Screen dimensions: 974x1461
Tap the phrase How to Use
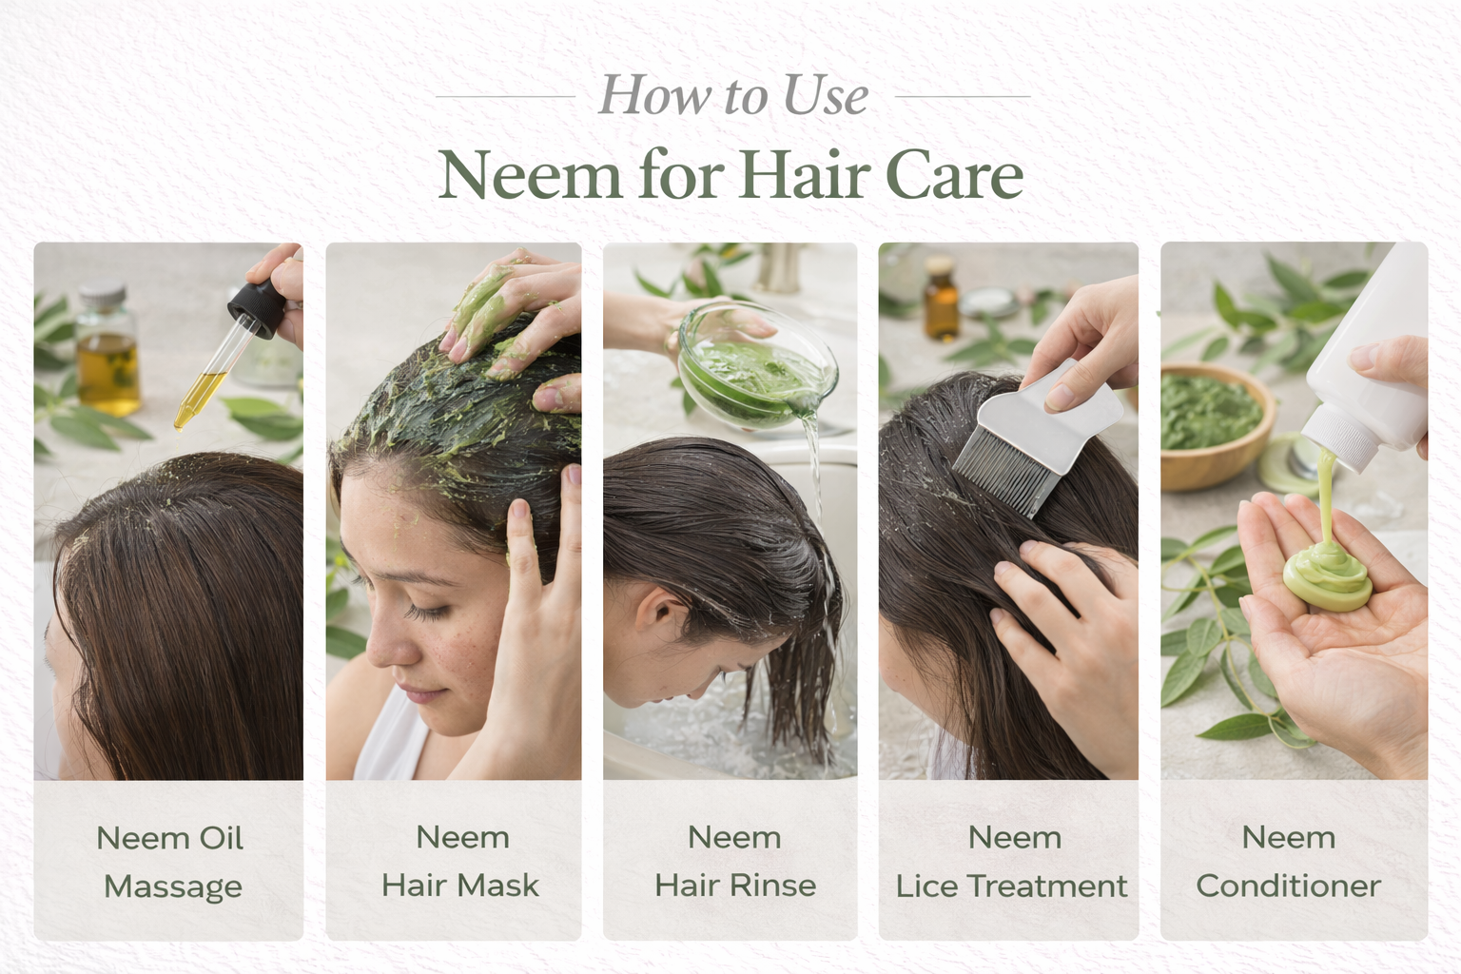coord(733,96)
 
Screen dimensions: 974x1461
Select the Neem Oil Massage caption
coord(171,862)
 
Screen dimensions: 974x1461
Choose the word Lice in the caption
coord(926,886)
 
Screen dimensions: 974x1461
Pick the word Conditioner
coord(1288,886)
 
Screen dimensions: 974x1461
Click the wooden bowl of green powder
coord(1213,424)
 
